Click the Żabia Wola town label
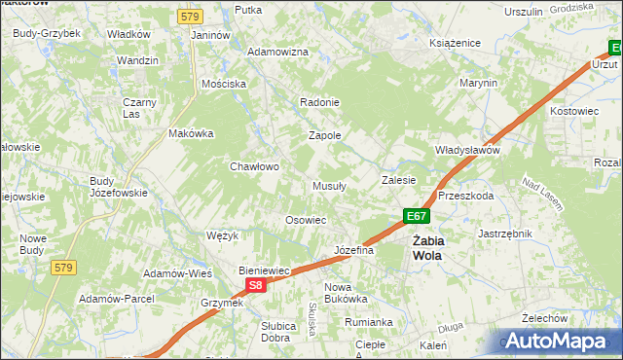(x=426, y=248)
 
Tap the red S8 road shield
(x=255, y=285)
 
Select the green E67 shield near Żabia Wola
(x=416, y=216)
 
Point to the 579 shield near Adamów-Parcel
(x=64, y=268)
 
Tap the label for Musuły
(x=330, y=186)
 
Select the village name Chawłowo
(x=254, y=166)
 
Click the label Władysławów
(x=466, y=151)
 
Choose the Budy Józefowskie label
(x=118, y=187)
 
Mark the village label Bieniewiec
(x=266, y=270)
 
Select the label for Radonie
(x=319, y=102)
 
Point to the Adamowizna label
(x=277, y=52)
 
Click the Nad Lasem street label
(x=543, y=192)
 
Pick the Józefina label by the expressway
(x=354, y=250)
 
